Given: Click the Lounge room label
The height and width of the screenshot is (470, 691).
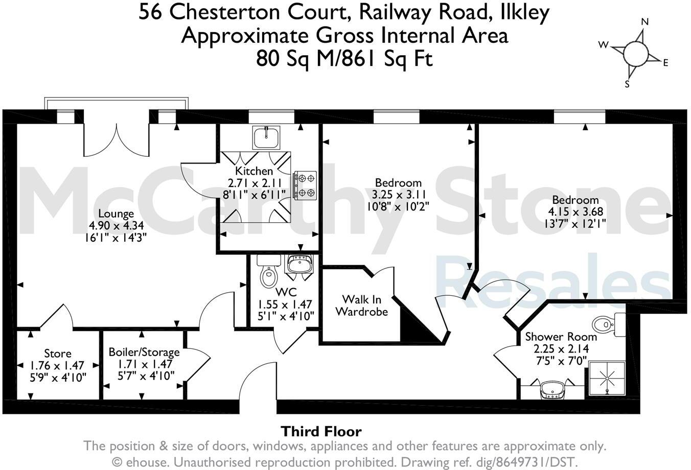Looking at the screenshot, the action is click(116, 214).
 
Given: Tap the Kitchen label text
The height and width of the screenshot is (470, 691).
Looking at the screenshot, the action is click(254, 171).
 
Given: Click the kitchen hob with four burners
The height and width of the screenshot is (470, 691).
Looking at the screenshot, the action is click(305, 185).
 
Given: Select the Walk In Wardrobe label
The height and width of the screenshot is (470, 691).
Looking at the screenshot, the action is click(361, 306).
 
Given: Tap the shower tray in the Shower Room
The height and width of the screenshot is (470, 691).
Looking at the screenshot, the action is click(607, 378).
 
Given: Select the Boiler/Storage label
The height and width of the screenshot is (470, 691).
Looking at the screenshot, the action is click(144, 352).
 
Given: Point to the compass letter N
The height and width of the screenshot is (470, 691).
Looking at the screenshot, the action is click(644, 21).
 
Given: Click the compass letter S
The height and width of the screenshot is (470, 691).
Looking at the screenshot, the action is click(627, 84).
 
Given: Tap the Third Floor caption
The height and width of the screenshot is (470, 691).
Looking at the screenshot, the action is click(321, 432).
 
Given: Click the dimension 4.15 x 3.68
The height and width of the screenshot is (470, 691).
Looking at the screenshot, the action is click(575, 212).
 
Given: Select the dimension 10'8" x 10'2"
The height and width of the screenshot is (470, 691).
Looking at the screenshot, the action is click(398, 206).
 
